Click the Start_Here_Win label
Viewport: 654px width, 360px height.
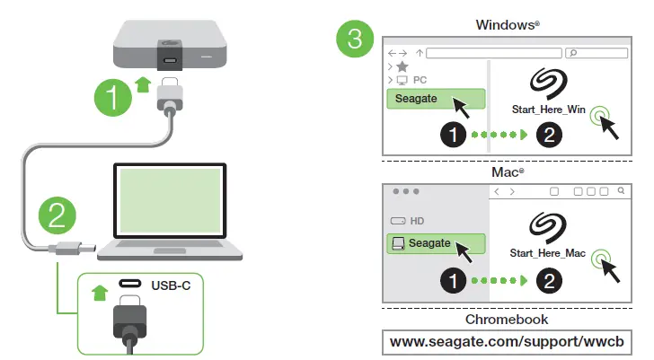(547, 110)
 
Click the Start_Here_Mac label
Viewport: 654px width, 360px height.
(547, 254)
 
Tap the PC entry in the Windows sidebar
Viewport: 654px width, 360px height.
(420, 80)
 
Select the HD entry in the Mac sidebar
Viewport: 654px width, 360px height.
(417, 220)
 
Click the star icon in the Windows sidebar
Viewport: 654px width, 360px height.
(402, 67)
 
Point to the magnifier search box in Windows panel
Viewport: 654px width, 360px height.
(597, 54)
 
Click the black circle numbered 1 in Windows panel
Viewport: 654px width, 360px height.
(455, 136)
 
